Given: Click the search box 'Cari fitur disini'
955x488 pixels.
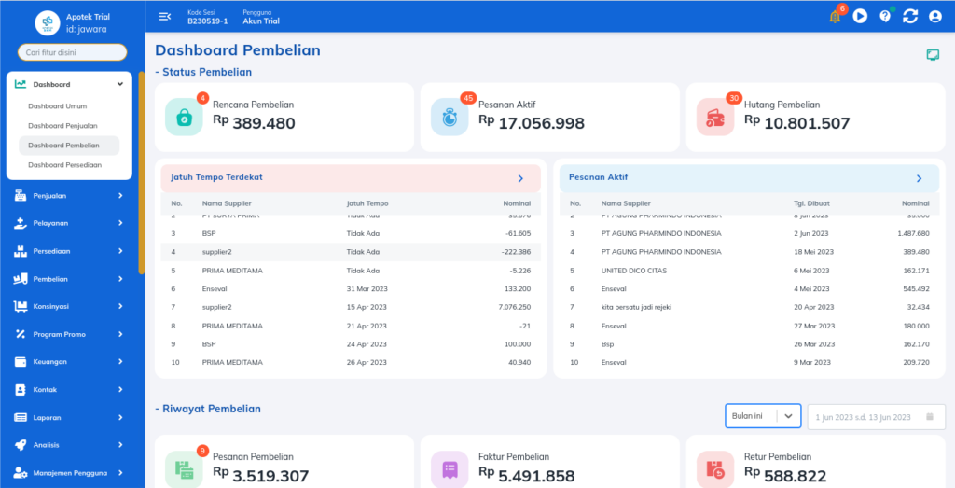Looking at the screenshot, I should (x=72, y=52).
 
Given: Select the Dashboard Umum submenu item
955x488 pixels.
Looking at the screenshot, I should (x=57, y=105).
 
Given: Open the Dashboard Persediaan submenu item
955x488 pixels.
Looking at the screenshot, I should (x=64, y=164).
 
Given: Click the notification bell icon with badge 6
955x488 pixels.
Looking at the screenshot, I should (x=835, y=16).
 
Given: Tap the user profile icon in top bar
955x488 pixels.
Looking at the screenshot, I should (x=935, y=16).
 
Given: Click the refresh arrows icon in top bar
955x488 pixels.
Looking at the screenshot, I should (x=910, y=16).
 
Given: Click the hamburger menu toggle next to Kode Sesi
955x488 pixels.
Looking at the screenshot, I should (x=165, y=16).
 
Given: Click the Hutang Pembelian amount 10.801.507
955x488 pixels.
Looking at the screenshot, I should (x=807, y=123).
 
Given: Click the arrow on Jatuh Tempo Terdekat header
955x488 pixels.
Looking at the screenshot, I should (x=520, y=178).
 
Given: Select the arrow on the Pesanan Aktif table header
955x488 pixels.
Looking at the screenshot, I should (x=919, y=178).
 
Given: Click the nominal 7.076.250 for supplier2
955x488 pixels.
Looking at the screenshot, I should (x=514, y=307).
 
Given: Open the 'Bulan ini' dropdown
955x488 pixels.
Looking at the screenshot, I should (x=762, y=416).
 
